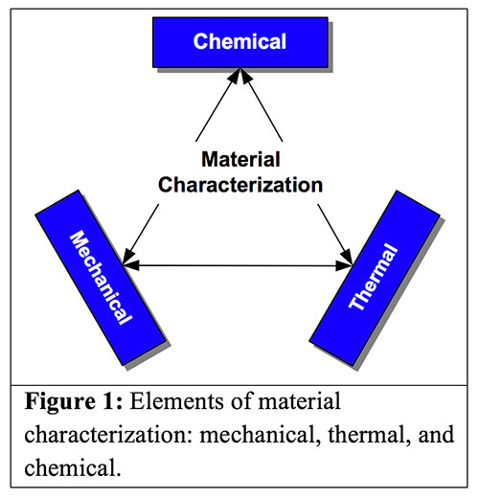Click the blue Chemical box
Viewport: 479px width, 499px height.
click(x=239, y=41)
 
